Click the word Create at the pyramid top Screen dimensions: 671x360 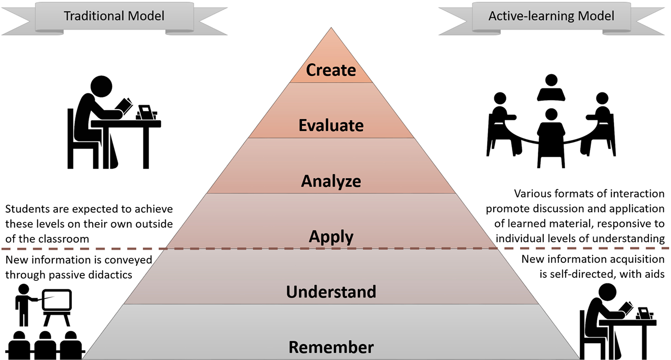pyautogui.click(x=330, y=70)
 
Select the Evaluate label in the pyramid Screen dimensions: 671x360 pyautogui.click(x=331, y=125)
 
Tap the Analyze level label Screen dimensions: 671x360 pyautogui.click(x=331, y=181)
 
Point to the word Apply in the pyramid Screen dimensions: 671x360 pyautogui.click(x=331, y=237)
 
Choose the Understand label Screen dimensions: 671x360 pyautogui.click(x=331, y=292)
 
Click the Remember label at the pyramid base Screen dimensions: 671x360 pyautogui.click(x=331, y=348)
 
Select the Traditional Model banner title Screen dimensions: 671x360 pyautogui.click(x=114, y=16)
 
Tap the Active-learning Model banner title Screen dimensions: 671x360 pyautogui.click(x=551, y=16)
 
